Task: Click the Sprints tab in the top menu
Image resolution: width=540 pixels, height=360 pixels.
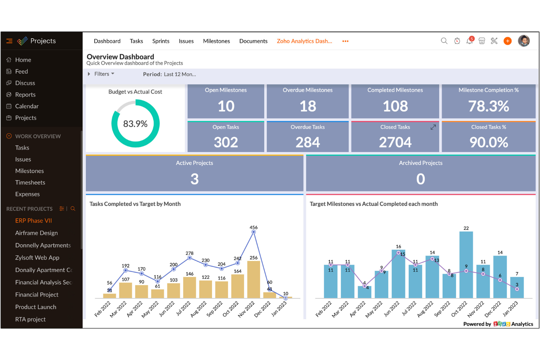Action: point(161,41)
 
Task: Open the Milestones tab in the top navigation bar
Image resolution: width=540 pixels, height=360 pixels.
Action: point(216,41)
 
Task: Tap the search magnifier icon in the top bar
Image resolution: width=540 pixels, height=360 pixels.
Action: point(444,41)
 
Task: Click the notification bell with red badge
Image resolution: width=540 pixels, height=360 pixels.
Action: point(470,41)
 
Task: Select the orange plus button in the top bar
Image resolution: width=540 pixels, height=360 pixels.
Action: point(508,41)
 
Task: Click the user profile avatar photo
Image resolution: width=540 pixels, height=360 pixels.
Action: point(524,41)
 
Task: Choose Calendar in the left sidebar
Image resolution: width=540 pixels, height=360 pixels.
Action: point(27,106)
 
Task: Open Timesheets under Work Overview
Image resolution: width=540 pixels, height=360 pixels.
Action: point(30,182)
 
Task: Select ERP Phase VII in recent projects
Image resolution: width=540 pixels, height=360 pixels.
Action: point(34,221)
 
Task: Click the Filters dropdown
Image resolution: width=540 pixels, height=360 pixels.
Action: point(104,74)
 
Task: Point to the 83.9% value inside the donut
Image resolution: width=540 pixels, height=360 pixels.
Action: point(135,124)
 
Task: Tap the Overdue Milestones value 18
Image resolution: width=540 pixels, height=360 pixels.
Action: point(308,107)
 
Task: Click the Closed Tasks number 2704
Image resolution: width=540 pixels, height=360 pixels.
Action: point(395,142)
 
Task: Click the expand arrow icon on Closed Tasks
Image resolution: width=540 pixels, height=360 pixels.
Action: point(433,127)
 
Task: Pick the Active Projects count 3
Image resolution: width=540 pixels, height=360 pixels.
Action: point(194,179)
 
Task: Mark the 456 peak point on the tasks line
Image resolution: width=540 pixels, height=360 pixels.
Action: point(254,232)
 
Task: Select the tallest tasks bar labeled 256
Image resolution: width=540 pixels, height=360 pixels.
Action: point(254,279)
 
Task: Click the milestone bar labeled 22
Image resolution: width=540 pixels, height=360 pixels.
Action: point(466,265)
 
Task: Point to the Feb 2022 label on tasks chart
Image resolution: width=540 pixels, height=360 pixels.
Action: point(103,309)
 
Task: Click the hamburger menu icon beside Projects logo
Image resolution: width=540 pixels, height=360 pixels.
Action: point(9,41)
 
